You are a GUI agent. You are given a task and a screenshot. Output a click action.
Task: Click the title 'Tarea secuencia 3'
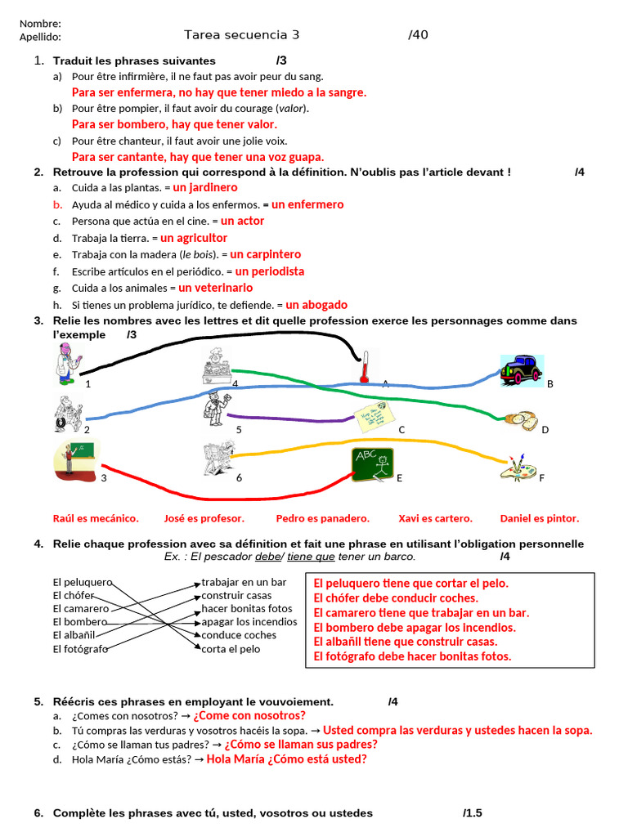click(242, 34)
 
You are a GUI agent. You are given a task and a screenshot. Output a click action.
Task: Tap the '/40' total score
click(418, 34)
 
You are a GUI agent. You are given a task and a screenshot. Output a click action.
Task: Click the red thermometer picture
click(366, 365)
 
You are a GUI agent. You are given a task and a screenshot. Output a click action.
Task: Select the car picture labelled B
click(521, 369)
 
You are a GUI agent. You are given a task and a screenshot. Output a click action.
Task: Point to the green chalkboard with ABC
click(373, 465)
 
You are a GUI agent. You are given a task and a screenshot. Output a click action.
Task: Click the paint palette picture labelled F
click(518, 468)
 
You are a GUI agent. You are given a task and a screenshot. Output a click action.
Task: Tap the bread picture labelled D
click(520, 421)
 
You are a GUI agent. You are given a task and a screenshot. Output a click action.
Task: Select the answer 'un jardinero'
click(205, 188)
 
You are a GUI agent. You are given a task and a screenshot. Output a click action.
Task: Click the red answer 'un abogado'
click(316, 305)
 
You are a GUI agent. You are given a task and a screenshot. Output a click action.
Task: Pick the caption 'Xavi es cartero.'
click(435, 518)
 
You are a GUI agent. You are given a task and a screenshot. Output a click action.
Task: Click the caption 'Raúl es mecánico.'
click(96, 518)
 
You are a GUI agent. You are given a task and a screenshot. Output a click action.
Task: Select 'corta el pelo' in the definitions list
click(231, 649)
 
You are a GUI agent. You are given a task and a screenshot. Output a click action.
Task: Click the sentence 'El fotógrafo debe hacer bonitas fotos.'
click(412, 656)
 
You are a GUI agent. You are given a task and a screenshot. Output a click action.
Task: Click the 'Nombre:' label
click(40, 24)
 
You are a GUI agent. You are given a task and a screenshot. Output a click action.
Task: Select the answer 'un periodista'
click(269, 271)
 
